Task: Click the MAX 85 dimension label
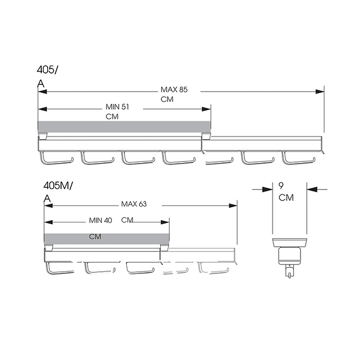pos(174,89)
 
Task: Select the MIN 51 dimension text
pos(117,107)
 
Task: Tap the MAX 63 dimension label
pos(134,204)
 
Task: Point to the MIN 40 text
pos(100,220)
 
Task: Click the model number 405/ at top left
pos(48,70)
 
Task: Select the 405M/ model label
pos(58,186)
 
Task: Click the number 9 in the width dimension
pos(281,186)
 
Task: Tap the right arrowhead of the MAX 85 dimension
pos(320,92)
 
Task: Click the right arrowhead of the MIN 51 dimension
pos(206,109)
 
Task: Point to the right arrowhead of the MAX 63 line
pos(233,205)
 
